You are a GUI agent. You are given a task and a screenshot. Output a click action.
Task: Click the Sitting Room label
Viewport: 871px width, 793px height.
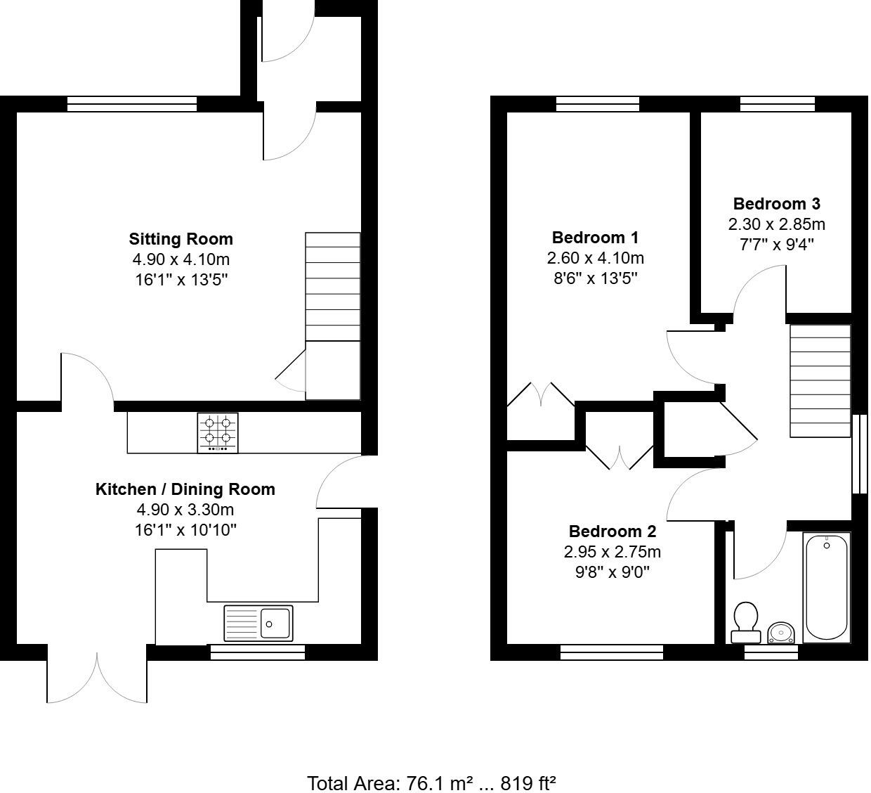pyautogui.click(x=181, y=239)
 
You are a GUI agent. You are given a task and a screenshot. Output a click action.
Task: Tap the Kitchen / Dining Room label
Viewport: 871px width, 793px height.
pyautogui.click(x=185, y=489)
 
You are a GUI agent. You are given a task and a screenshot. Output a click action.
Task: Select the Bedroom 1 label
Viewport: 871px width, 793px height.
pyautogui.click(x=595, y=238)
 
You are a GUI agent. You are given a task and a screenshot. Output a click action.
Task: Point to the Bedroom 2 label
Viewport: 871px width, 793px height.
pyautogui.click(x=612, y=531)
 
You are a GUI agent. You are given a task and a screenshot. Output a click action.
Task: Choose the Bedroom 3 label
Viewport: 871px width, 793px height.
pyautogui.click(x=776, y=204)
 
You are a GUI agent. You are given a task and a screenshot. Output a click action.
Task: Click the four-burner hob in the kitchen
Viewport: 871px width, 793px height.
pyautogui.click(x=218, y=432)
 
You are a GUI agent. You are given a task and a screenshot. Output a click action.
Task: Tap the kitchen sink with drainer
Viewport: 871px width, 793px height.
pyautogui.click(x=258, y=623)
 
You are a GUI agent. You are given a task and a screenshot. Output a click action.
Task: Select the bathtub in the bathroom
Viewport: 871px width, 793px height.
pyautogui.click(x=826, y=587)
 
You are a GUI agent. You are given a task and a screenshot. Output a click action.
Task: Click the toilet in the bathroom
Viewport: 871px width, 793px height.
pyautogui.click(x=745, y=622)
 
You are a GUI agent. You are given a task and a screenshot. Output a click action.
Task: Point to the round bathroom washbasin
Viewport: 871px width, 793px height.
pyautogui.click(x=780, y=633)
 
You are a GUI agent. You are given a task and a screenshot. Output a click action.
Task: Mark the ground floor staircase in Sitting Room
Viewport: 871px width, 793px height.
pyautogui.click(x=333, y=288)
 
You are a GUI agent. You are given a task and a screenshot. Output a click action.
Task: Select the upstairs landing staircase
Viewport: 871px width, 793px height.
pyautogui.click(x=820, y=380)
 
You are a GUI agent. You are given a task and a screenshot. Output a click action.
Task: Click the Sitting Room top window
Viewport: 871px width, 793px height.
pyautogui.click(x=132, y=105)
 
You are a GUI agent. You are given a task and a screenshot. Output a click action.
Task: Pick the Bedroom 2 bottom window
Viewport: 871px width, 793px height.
pyautogui.click(x=612, y=652)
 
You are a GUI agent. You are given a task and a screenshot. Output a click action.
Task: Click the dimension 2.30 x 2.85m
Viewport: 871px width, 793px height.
pyautogui.click(x=776, y=224)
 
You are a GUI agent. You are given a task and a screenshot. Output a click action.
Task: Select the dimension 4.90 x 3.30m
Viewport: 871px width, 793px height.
pyautogui.click(x=185, y=510)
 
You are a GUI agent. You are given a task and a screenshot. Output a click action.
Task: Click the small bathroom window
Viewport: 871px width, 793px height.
pyautogui.click(x=771, y=653)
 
